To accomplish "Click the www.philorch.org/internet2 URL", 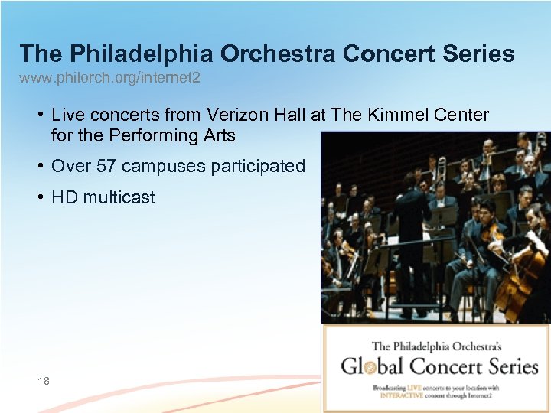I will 110,78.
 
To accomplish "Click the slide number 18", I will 43,380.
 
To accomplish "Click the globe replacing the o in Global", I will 369,367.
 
